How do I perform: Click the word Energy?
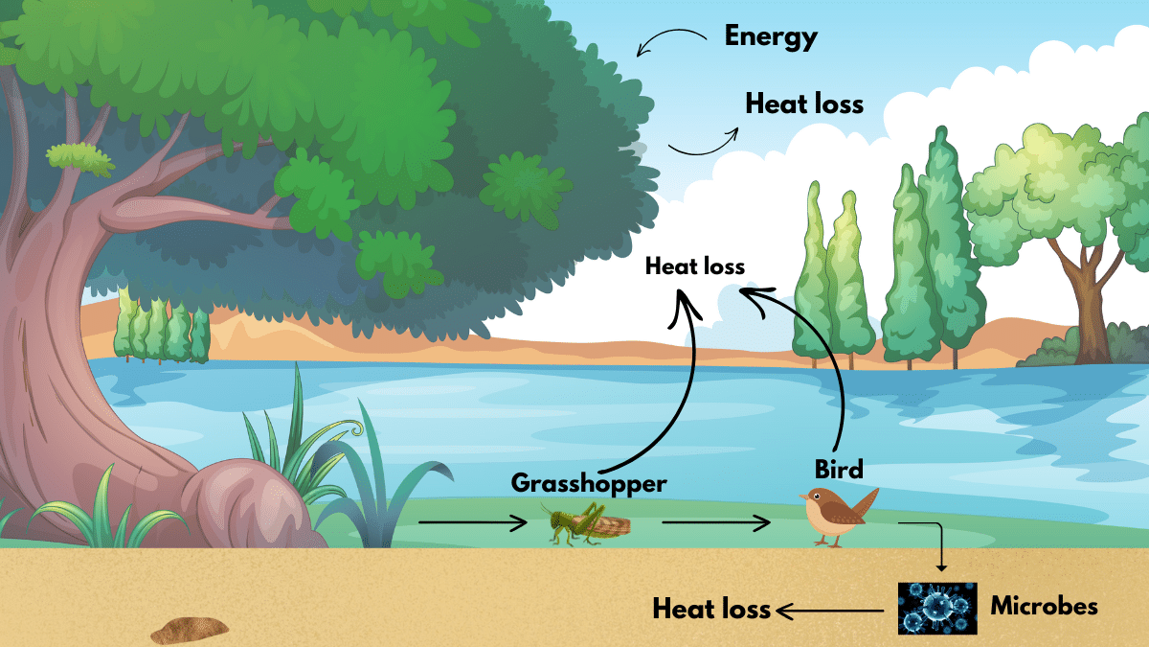pos(771,37)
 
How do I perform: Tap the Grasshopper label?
pos(589,484)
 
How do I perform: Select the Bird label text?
pos(839,470)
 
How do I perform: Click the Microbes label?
pos(1044,606)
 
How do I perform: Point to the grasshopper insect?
pos(586,523)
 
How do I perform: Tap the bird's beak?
pos(802,497)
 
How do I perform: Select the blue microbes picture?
pos(937,608)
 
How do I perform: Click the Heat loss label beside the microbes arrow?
pos(711,609)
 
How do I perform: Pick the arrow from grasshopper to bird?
pos(716,522)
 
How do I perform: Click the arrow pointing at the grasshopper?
pos(472,522)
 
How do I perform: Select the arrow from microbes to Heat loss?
pos(829,612)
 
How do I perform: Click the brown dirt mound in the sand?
pos(190,631)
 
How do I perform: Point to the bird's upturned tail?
pos(867,503)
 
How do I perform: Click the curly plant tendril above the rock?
pos(353,427)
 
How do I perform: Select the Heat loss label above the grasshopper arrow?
pos(694,266)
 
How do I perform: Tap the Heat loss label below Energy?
pos(804,104)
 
